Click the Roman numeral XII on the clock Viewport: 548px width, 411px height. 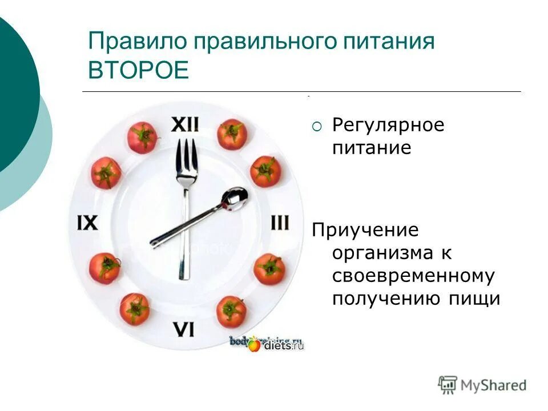(186, 124)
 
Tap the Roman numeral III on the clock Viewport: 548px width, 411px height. (279, 222)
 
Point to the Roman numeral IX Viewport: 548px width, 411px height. (88, 222)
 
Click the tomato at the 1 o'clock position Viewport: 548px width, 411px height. (232, 134)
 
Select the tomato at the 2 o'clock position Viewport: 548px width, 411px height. (265, 171)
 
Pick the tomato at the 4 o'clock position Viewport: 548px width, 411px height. (269, 269)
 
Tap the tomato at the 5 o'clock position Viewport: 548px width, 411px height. (232, 311)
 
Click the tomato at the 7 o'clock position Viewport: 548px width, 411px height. (135, 309)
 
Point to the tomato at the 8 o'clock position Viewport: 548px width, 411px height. (104, 268)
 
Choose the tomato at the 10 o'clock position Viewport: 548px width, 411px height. (106, 172)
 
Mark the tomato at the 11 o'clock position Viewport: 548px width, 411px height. (142, 138)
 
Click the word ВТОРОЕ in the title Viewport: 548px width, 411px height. (138, 71)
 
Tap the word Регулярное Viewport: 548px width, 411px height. (388, 125)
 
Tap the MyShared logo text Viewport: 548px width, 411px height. (493, 385)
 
